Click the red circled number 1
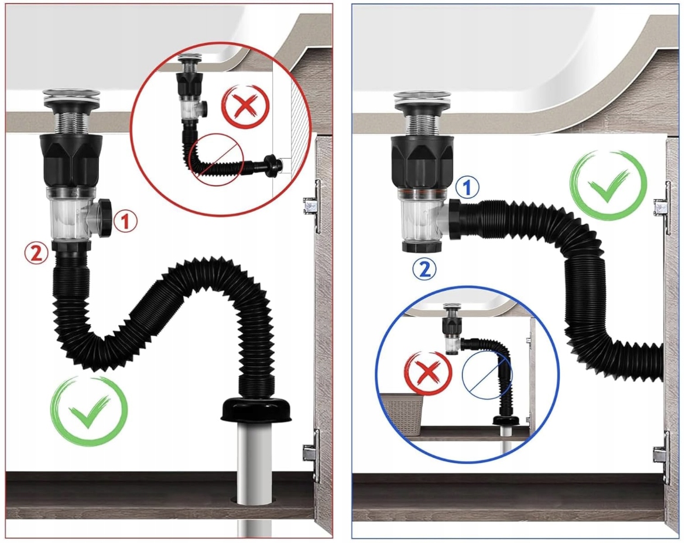[x=125, y=222]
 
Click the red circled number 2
[x=36, y=253]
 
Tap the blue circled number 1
[x=467, y=188]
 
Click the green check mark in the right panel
[x=608, y=185]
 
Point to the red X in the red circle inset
[x=245, y=107]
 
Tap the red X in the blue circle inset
[x=428, y=374]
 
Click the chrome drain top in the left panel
[x=72, y=98]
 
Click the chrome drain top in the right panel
[x=422, y=99]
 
